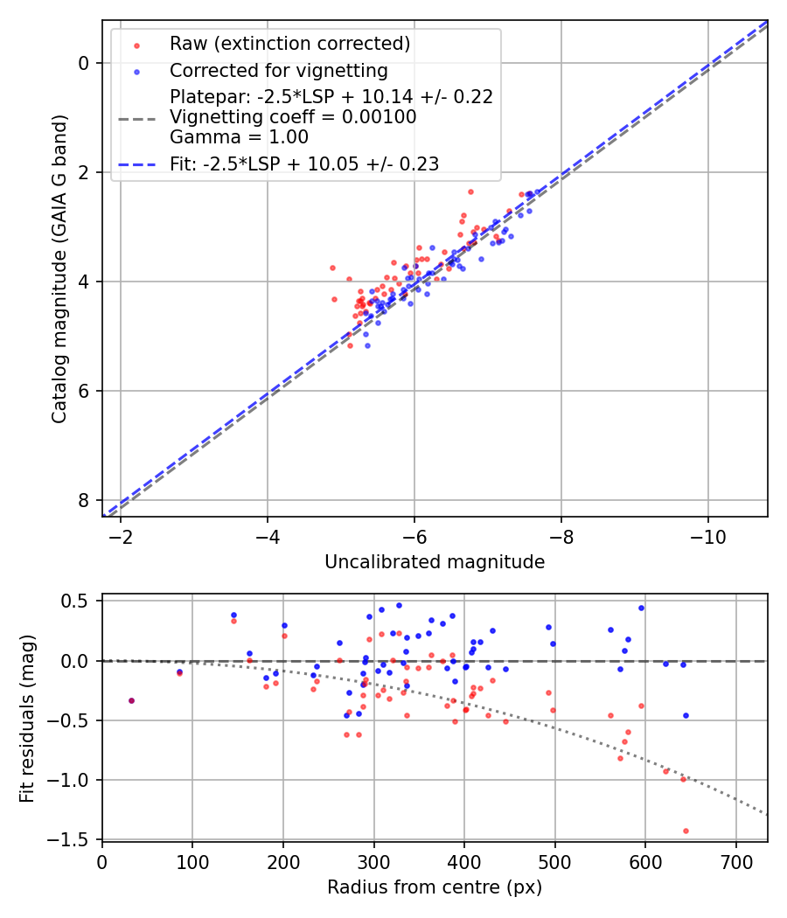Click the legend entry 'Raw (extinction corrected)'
coord(289,44)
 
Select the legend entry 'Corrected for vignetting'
coord(278,70)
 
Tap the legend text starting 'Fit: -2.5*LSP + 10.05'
coord(304,163)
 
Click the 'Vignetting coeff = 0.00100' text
coord(293,116)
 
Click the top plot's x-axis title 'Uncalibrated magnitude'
coord(435,562)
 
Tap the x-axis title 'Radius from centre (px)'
coord(435,887)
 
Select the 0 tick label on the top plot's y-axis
coord(84,63)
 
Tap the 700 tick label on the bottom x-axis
coord(735,861)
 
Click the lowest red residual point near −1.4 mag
coord(686,831)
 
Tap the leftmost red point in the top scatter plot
coord(332,268)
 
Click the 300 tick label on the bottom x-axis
coord(373,861)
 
